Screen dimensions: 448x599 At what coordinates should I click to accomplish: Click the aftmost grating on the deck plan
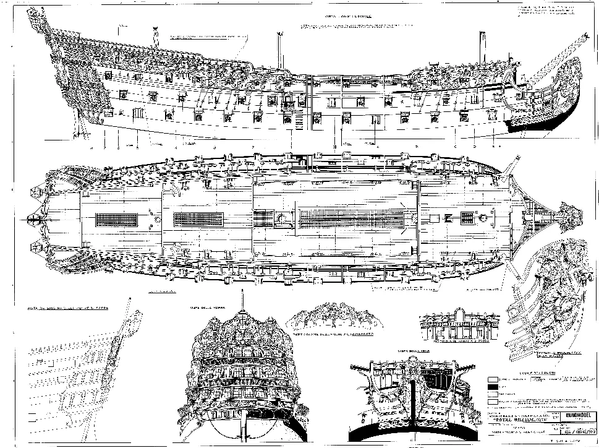(117, 219)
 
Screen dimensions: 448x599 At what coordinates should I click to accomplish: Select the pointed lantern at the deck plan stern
(30, 218)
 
